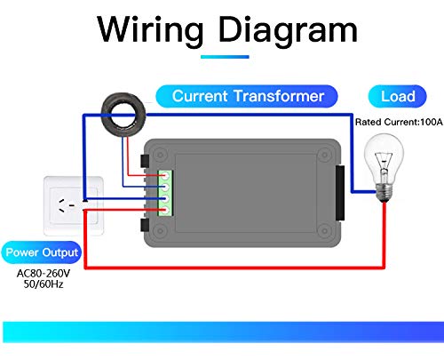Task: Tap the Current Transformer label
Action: click(248, 96)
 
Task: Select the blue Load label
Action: click(397, 96)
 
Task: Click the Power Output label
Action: click(41, 252)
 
